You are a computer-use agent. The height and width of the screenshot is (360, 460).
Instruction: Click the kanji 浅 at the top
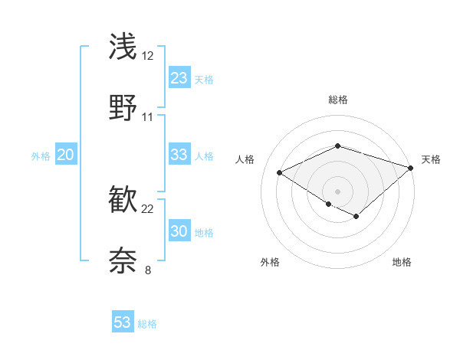(x=123, y=46)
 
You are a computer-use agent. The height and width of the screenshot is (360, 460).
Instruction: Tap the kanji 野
(x=123, y=107)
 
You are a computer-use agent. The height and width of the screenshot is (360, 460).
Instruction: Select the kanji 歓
(x=123, y=200)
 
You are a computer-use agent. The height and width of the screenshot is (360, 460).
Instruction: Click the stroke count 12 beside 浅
(x=148, y=56)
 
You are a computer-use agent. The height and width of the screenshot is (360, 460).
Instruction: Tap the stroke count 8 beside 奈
(x=148, y=270)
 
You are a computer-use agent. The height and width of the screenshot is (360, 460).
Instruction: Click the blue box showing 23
(x=179, y=78)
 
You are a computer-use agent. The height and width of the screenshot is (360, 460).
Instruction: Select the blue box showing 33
(x=179, y=155)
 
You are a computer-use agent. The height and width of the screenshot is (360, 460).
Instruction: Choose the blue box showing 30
(x=179, y=231)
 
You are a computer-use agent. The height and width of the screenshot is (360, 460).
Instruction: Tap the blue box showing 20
(x=65, y=155)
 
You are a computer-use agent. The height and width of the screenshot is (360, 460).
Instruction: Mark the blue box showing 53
(x=123, y=322)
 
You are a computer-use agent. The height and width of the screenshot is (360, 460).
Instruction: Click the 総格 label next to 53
(x=148, y=324)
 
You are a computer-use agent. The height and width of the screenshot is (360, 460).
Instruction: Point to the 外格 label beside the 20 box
(x=41, y=156)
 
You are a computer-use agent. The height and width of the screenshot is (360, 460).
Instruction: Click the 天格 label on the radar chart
(x=431, y=159)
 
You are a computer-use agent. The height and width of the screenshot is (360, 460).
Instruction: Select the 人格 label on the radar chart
(x=245, y=159)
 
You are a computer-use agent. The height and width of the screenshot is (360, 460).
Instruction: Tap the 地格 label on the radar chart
(x=402, y=262)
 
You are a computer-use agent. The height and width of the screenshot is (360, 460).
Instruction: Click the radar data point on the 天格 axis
(x=412, y=166)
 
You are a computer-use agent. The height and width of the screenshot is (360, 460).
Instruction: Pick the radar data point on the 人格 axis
(x=280, y=172)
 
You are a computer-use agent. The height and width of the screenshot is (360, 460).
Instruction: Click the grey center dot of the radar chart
(x=337, y=191)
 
